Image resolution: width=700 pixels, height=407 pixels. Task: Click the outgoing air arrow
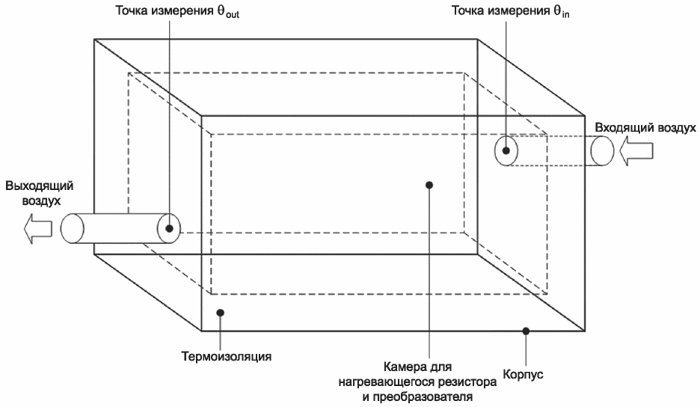coord(37,228)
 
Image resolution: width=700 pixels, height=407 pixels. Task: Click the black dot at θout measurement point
coord(170,228)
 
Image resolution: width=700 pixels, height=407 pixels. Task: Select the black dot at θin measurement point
coord(506,150)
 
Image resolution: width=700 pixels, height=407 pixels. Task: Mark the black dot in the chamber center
coord(429,183)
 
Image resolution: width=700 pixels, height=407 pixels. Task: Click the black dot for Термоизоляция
coord(220,313)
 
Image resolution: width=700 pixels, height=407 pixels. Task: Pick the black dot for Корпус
coord(526,330)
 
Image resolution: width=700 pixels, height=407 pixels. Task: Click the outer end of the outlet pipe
coord(72,228)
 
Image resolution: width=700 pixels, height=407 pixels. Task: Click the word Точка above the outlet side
coord(132,13)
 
